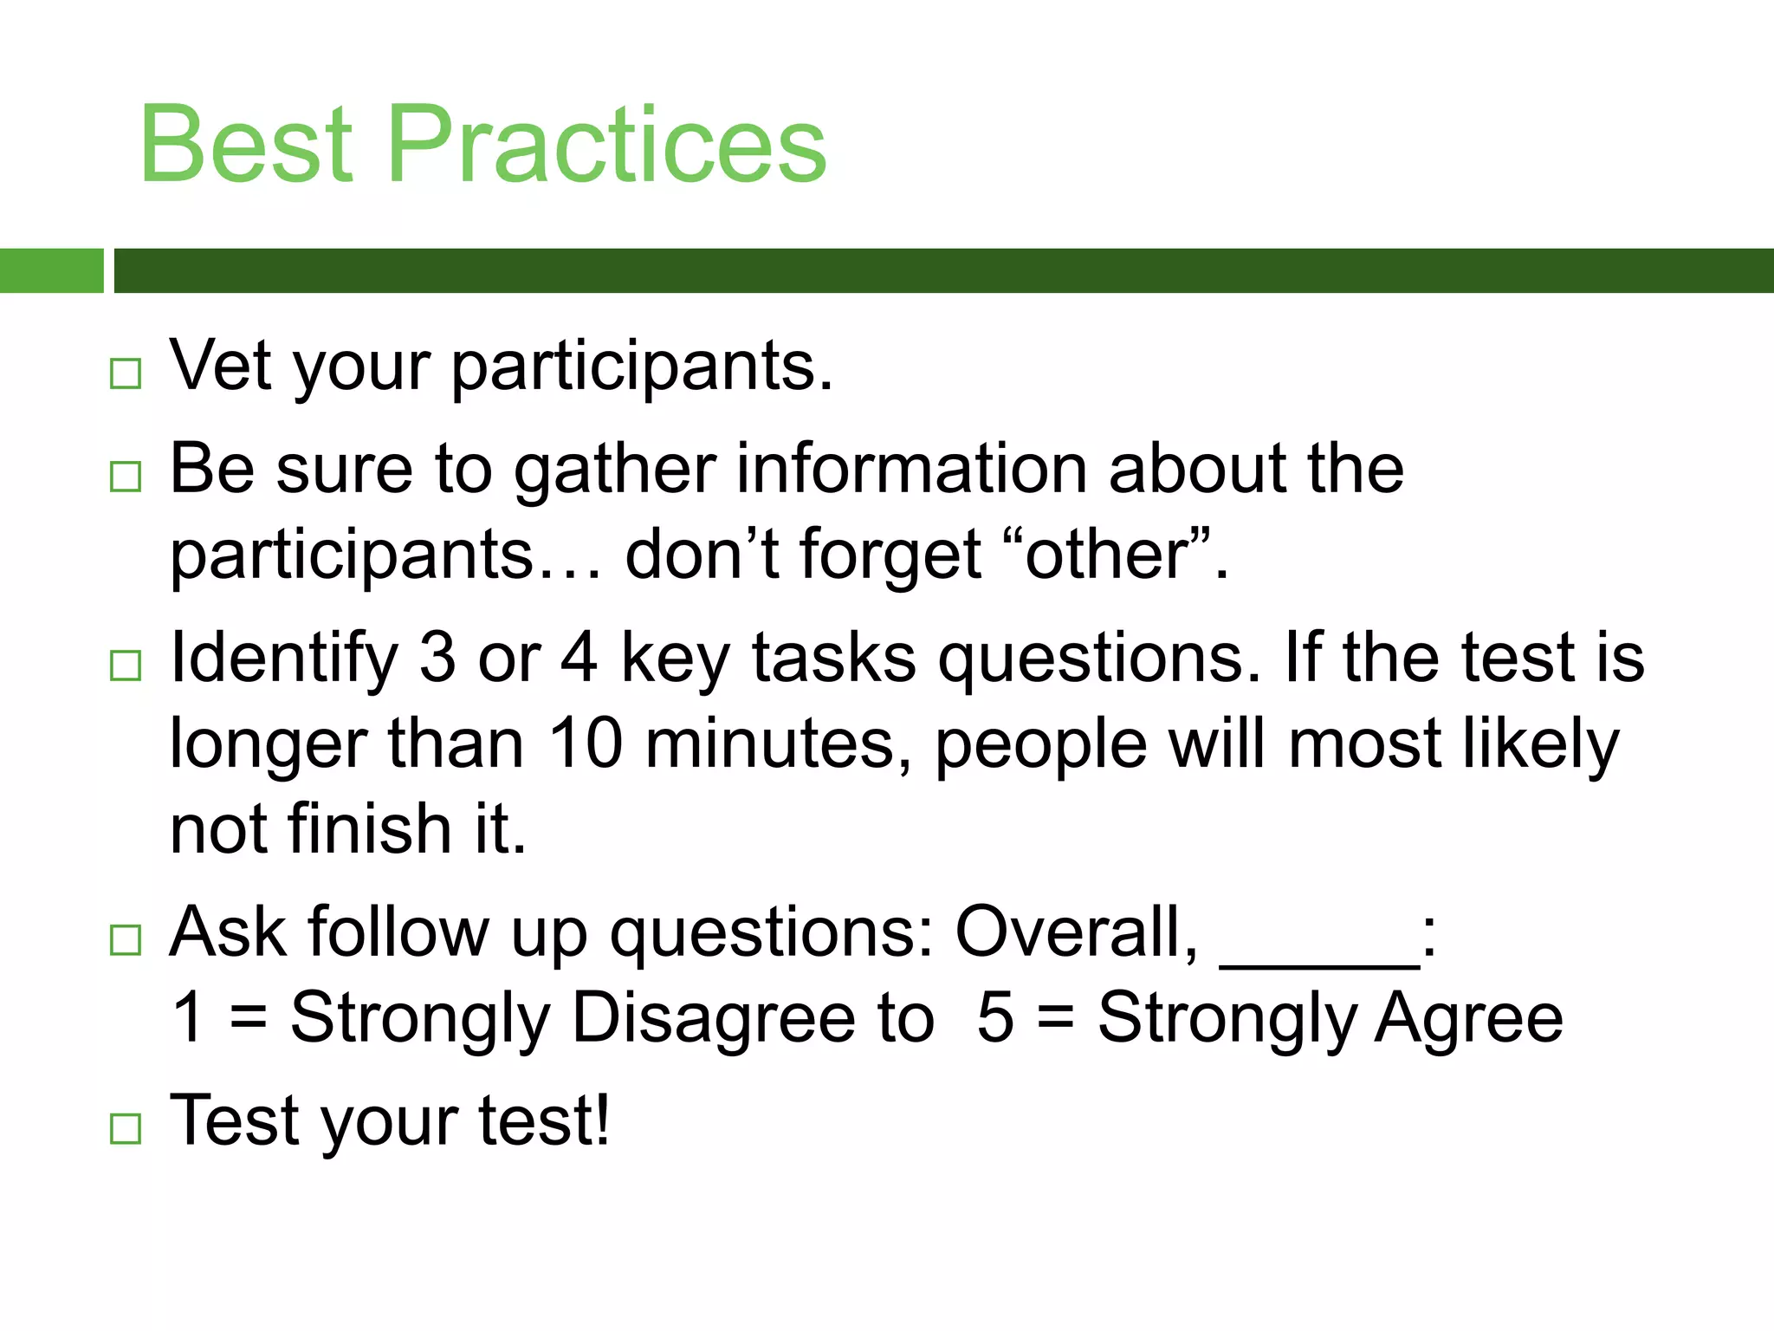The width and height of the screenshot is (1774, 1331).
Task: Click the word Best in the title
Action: tap(247, 144)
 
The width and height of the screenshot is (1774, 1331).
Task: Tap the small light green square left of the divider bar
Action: tap(51, 270)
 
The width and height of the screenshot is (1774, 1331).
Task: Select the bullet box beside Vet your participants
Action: tap(126, 373)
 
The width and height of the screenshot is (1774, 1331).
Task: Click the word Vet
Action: tap(222, 366)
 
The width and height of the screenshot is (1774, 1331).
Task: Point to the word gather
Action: tap(615, 471)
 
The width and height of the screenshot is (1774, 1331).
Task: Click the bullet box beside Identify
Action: tap(126, 665)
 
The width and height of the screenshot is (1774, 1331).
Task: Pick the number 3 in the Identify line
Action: tap(437, 658)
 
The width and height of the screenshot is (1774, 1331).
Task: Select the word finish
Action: tap(370, 829)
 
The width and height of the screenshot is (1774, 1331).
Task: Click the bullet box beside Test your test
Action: tap(126, 1128)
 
